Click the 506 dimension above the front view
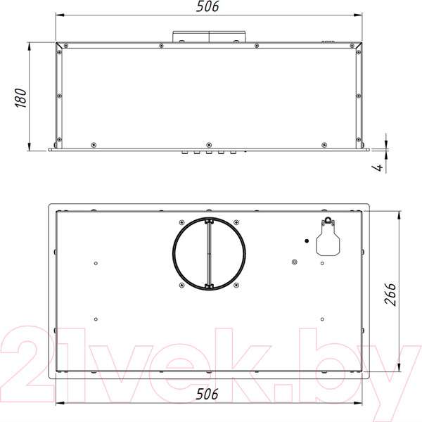207,6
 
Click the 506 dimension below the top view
207,395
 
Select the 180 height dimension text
20,98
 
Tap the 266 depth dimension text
390,294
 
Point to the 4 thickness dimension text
378,167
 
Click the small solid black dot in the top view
307,241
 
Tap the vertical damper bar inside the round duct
209,254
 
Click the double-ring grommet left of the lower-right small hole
295,262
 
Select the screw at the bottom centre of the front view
209,145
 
